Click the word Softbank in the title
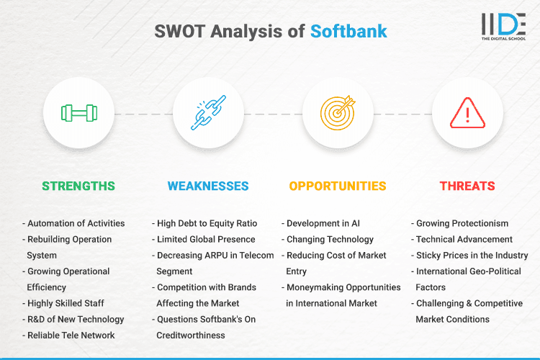click(x=348, y=31)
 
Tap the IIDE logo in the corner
click(x=503, y=27)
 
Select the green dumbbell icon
click(x=78, y=113)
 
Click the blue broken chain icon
click(x=208, y=113)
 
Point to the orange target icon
click(x=338, y=113)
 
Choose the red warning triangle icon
click(x=467, y=113)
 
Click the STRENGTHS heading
click(x=78, y=186)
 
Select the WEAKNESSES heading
click(x=208, y=186)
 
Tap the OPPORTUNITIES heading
click(x=338, y=186)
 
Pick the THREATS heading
click(x=467, y=186)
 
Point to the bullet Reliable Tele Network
click(x=71, y=335)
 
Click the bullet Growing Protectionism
click(x=462, y=223)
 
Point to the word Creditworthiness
click(x=192, y=335)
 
